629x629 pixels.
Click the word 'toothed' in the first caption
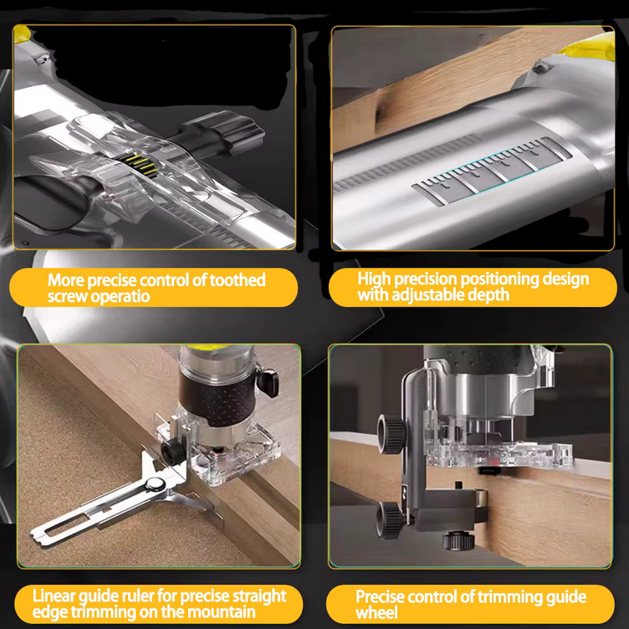click(238, 279)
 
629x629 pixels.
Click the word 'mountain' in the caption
click(222, 612)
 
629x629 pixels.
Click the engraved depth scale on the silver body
click(492, 171)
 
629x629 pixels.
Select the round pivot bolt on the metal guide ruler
click(155, 484)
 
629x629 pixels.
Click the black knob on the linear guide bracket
click(173, 450)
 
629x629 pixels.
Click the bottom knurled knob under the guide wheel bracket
click(459, 540)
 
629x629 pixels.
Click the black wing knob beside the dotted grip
click(267, 383)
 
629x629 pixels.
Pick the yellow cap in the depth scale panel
click(590, 46)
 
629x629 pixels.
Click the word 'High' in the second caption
click(373, 279)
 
